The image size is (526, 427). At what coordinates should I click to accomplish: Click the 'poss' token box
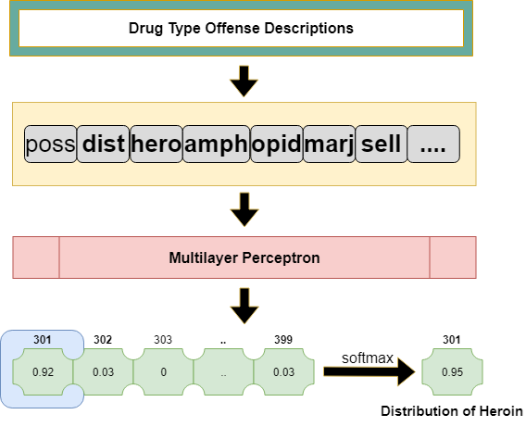50,144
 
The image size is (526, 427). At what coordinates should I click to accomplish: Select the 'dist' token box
104,144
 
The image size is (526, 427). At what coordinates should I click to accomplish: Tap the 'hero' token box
157,144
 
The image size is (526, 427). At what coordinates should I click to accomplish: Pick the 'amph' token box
217,144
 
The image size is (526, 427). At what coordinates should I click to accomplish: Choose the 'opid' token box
277,144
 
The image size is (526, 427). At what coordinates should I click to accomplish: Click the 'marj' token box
329,144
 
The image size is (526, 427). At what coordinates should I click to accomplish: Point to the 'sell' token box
382,144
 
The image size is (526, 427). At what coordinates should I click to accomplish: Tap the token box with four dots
433,144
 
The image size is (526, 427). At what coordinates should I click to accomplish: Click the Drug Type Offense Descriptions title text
241,28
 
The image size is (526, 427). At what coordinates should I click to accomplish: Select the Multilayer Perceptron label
244,257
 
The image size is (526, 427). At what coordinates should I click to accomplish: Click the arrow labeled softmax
369,371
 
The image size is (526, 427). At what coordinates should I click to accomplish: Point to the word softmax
368,358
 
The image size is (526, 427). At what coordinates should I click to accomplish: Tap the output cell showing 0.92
43,371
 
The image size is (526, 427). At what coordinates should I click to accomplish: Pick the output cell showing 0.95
452,371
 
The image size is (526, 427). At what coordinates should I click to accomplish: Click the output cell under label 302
103,371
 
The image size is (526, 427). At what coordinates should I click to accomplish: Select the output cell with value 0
163,371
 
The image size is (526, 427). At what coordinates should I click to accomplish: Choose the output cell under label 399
283,371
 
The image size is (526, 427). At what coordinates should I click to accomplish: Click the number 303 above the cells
163,340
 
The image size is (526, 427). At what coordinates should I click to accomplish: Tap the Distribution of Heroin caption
452,411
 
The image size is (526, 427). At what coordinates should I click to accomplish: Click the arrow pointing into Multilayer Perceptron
244,209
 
